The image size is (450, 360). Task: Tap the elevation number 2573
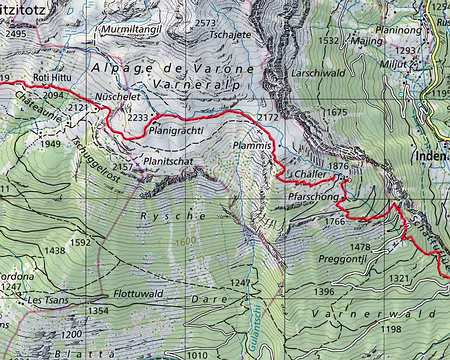tap(206, 23)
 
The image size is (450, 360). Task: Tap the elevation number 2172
tap(267, 118)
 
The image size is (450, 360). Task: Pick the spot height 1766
tap(334, 221)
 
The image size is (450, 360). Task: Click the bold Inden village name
tap(429, 157)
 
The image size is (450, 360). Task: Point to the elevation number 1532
tap(328, 41)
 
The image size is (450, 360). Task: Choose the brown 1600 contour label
tap(186, 241)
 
